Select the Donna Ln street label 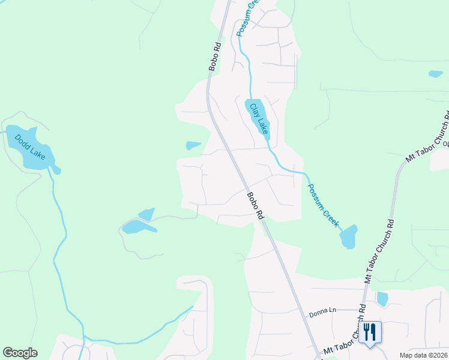322,311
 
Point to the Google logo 20,353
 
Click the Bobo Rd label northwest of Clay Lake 214,56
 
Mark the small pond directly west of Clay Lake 193,145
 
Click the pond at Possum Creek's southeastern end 349,236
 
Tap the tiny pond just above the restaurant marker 382,299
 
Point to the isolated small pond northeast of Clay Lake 436,74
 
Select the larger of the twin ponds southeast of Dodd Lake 136,226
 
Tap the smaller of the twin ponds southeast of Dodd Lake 147,214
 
